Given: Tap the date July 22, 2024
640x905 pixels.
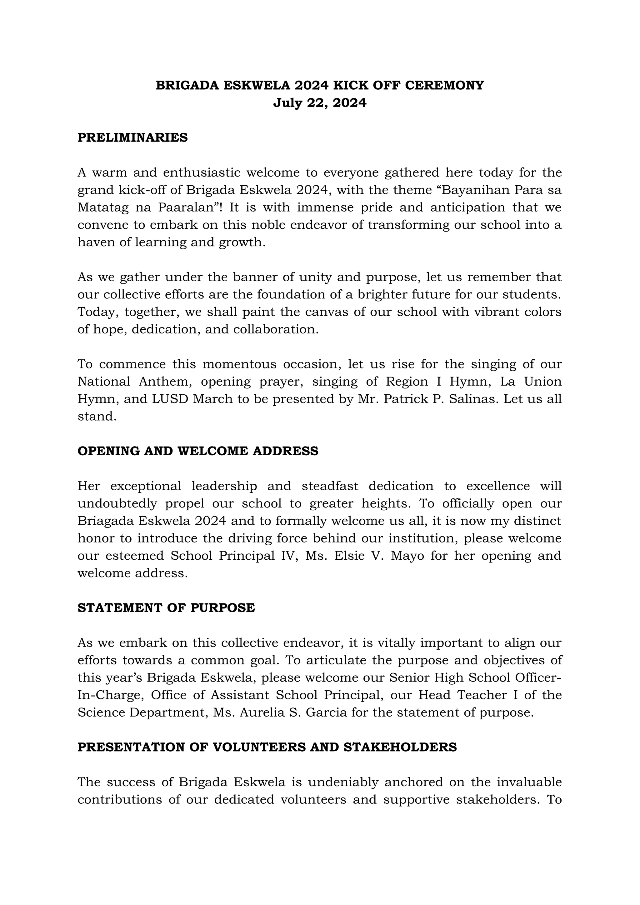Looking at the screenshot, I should click(320, 103).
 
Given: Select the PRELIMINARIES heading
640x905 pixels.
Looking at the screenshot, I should click(132, 137).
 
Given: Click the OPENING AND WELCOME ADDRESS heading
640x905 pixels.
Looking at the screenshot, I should click(198, 451).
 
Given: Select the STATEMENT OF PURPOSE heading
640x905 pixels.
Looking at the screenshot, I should click(166, 608).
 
